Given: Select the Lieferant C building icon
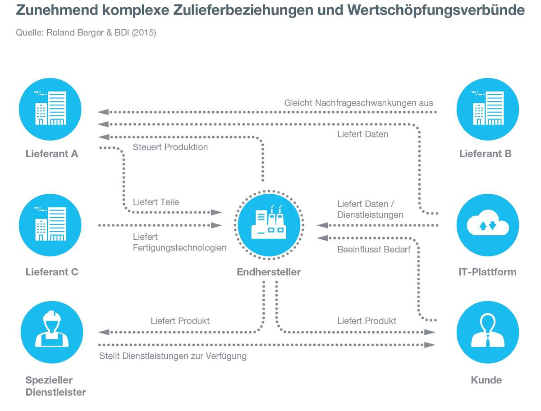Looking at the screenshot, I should [x=50, y=224].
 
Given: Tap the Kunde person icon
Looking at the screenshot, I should [x=488, y=333].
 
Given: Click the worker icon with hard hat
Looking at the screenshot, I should [x=52, y=333].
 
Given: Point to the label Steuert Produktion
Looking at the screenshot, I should [x=170, y=147].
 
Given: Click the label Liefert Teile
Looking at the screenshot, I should [x=156, y=202].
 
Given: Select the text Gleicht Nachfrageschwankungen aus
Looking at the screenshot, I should [x=358, y=103].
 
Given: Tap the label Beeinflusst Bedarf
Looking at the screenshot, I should [x=374, y=249].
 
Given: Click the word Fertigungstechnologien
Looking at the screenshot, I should [x=179, y=247].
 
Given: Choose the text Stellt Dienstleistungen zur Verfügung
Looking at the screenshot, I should [x=173, y=356].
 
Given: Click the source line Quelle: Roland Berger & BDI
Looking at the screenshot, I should [x=86, y=33].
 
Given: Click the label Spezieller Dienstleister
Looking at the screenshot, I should [x=55, y=386].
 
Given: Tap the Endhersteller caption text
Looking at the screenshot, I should [x=269, y=272].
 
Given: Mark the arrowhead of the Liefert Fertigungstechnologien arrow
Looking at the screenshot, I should [x=217, y=225].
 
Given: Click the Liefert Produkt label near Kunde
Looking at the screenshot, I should [x=367, y=321].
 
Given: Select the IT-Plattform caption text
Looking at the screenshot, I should [x=487, y=272].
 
